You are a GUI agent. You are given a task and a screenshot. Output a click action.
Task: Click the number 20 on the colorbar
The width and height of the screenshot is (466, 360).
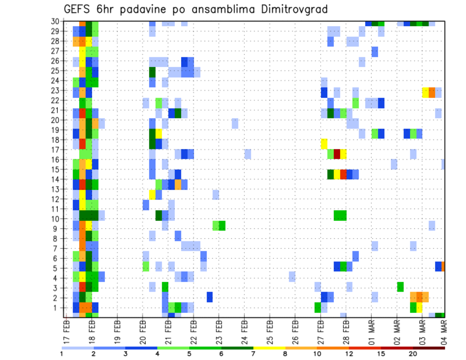[x=413, y=354]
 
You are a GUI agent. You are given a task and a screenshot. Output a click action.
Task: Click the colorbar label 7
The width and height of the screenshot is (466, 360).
[x=253, y=354]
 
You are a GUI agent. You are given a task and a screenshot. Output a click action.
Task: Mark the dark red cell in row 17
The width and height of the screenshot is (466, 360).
[x=337, y=154]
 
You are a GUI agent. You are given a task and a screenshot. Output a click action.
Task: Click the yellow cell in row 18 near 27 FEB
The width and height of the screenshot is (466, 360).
[x=324, y=144]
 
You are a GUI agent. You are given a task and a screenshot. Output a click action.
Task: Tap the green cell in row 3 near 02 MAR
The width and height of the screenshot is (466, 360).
[x=400, y=287]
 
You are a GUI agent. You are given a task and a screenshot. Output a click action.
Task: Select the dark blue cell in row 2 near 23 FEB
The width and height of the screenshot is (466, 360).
[x=210, y=297]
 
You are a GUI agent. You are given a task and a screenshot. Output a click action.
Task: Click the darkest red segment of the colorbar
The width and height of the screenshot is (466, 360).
[x=429, y=347]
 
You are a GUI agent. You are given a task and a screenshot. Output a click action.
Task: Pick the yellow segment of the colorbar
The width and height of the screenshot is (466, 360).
[x=269, y=347]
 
